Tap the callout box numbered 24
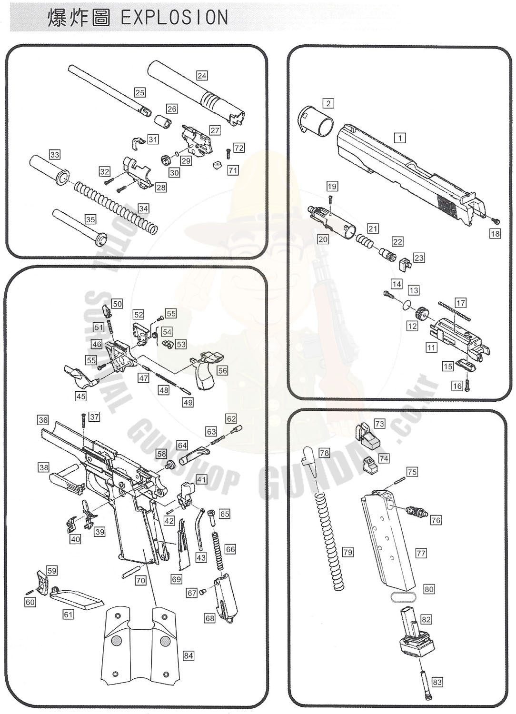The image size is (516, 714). (x=202, y=76)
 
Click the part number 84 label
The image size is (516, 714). (x=189, y=655)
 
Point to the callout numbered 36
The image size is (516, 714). (x=43, y=420)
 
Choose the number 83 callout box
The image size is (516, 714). (x=437, y=682)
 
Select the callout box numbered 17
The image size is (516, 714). (x=460, y=303)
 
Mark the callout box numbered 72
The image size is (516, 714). (x=239, y=148)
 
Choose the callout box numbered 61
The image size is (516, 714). (x=69, y=615)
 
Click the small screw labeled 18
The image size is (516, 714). (x=496, y=220)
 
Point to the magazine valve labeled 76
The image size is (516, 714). (x=415, y=513)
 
